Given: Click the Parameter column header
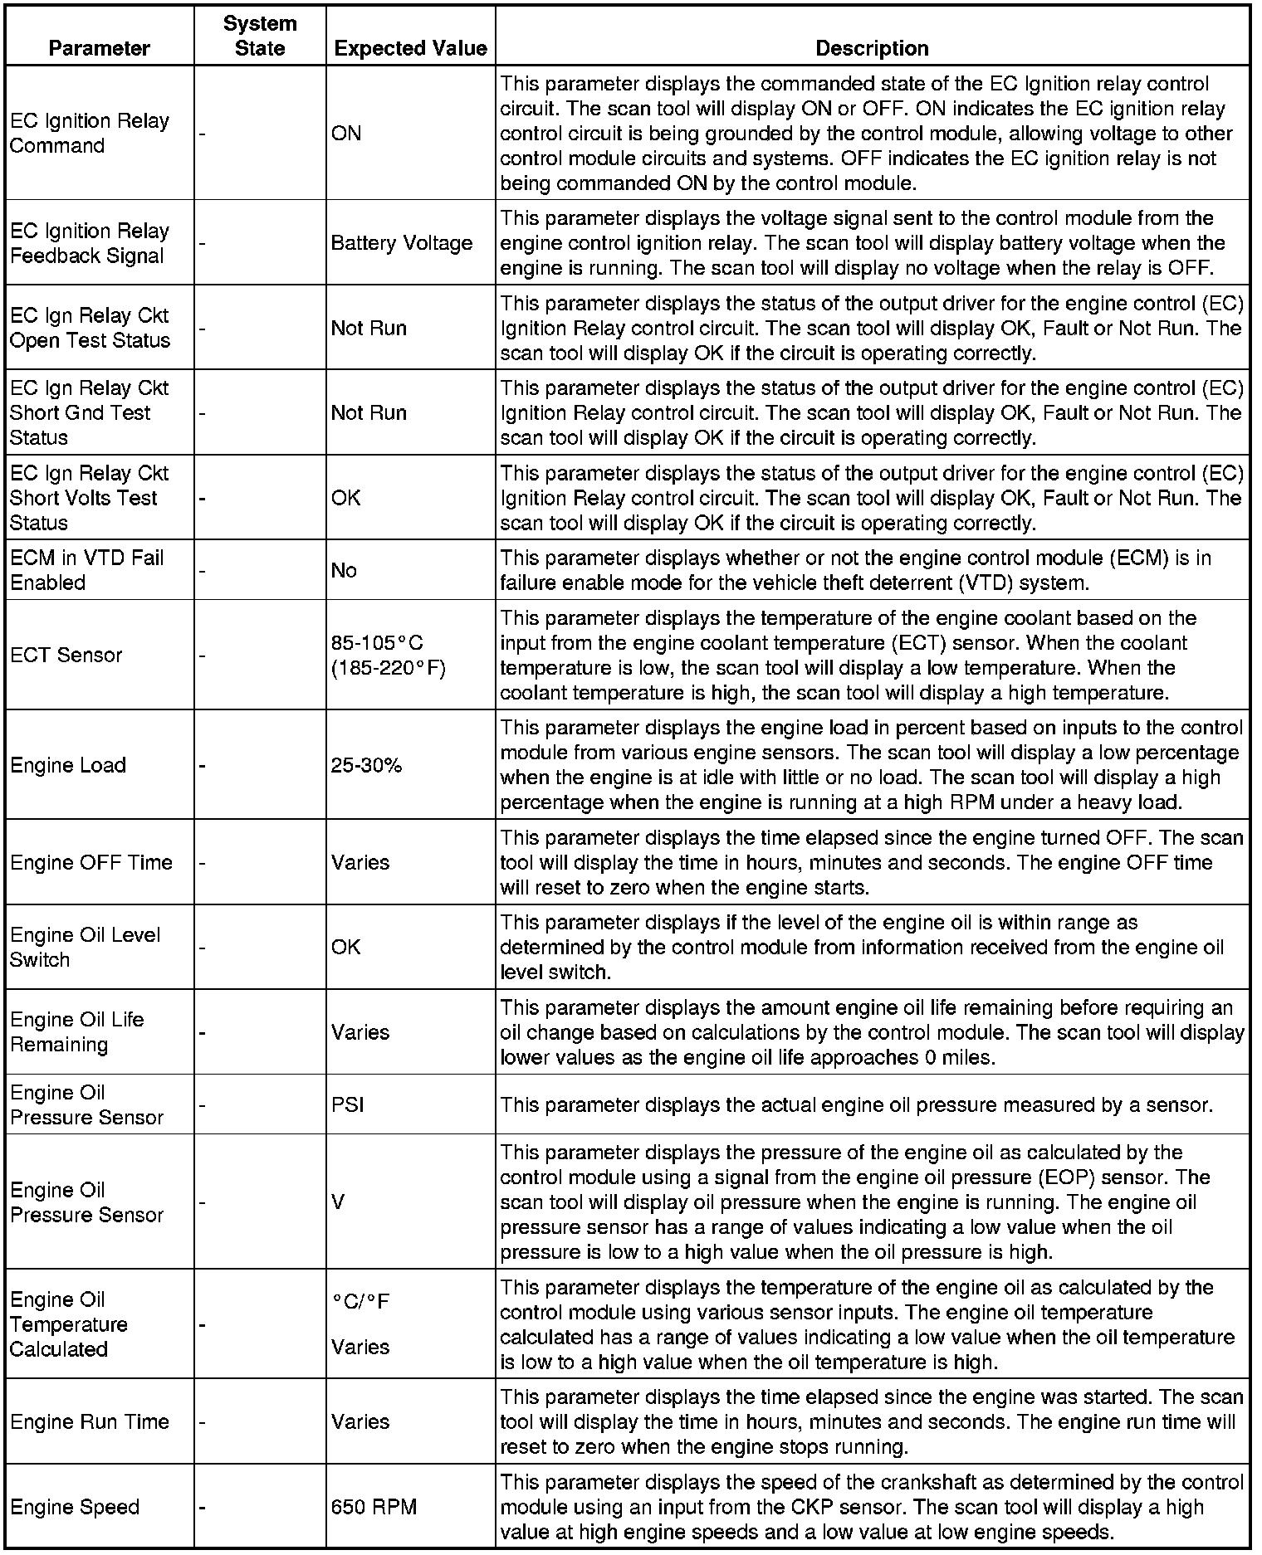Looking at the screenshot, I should click(99, 48).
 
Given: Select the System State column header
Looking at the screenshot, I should click(260, 36).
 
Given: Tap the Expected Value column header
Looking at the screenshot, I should click(410, 48).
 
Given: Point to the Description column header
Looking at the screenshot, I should click(872, 48).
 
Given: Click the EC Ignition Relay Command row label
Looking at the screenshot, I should click(90, 133).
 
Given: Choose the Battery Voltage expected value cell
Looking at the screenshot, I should click(401, 243).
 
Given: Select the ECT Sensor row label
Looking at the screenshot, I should click(66, 655).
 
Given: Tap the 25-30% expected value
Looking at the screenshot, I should click(366, 765).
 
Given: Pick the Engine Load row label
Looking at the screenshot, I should click(68, 765).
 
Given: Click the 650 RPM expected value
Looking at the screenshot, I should click(374, 1507).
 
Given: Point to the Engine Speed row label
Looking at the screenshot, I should click(75, 1507).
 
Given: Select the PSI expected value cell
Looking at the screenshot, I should click(347, 1104).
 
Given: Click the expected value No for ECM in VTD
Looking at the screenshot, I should click(344, 570).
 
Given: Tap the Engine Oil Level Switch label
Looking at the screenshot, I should click(85, 947).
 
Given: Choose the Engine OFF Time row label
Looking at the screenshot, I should click(91, 862).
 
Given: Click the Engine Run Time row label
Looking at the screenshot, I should click(90, 1421).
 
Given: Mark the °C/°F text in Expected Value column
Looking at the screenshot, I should click(360, 1301).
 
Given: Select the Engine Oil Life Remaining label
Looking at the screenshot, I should click(77, 1031).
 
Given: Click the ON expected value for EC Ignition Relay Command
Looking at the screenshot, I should click(346, 133).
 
